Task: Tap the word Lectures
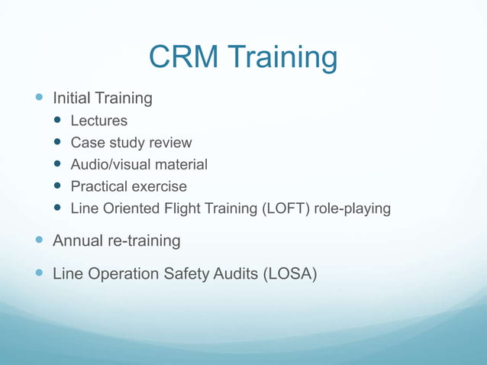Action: click(99, 121)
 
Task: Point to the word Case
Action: click(86, 143)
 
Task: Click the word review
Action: click(170, 143)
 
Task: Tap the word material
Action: click(183, 165)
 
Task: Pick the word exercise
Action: click(160, 187)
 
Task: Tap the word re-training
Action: click(144, 242)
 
